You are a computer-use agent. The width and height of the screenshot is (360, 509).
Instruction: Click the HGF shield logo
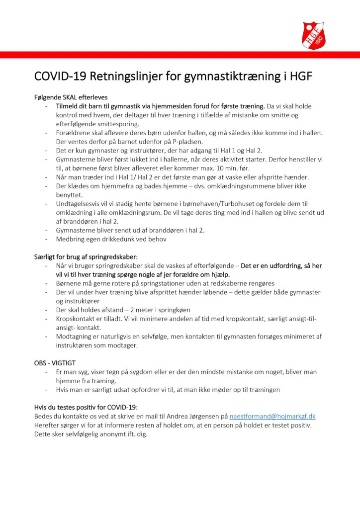click(x=314, y=35)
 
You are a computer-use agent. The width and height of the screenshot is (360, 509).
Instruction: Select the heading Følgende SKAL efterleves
click(x=71, y=97)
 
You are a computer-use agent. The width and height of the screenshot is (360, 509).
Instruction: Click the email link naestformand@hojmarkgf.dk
click(x=273, y=416)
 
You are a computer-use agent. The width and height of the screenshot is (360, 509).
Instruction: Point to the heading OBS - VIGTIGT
click(x=55, y=363)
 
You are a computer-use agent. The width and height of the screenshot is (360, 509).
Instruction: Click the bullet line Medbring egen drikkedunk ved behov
click(x=111, y=239)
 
